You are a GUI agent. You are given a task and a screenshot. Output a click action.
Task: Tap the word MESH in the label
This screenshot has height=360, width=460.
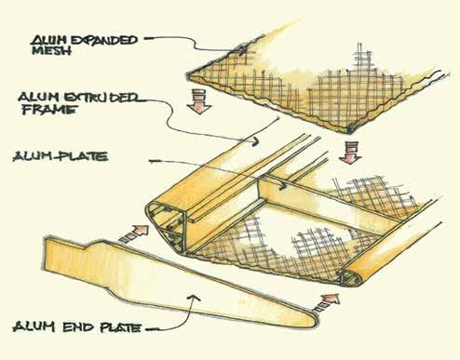click(51, 51)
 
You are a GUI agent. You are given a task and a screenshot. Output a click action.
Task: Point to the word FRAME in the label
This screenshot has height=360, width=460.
click(49, 110)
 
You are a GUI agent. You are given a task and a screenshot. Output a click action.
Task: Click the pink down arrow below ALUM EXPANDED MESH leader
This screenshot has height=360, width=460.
click(199, 101)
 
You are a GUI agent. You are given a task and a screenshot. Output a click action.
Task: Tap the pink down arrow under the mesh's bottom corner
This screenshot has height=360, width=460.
click(350, 152)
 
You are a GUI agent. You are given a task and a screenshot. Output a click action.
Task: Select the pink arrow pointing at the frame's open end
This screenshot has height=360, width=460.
click(134, 233)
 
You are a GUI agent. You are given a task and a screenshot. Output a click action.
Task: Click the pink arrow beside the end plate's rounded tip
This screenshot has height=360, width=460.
click(326, 303)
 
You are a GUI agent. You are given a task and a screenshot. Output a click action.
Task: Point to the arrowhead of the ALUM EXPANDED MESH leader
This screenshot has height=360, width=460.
click(243, 49)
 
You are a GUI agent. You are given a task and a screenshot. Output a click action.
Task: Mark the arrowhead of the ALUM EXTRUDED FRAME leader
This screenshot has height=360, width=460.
click(254, 141)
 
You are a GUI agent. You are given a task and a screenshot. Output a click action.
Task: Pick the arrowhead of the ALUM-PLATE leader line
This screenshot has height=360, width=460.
click(282, 185)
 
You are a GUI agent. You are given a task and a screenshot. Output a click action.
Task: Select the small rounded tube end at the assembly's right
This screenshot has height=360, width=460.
click(351, 278)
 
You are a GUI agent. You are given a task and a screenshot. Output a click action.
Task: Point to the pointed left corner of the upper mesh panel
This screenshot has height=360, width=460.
click(188, 75)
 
